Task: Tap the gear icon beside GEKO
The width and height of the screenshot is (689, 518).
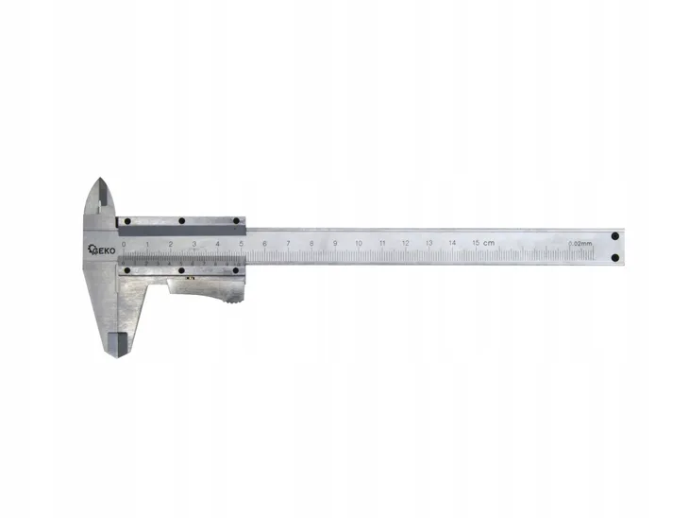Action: (92, 250)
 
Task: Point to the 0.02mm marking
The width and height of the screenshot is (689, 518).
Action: (580, 244)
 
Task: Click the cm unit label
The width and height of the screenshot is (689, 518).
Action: (489, 244)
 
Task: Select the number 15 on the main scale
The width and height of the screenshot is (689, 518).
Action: (477, 244)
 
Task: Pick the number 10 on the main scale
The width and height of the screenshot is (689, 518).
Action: (359, 244)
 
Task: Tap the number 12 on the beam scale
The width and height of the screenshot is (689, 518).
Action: (406, 244)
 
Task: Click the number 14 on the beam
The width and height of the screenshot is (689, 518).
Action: (453, 244)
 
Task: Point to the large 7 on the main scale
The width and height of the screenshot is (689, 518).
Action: (288, 244)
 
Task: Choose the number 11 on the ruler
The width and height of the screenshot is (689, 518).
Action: (382, 244)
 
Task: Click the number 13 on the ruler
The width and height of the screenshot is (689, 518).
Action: (429, 244)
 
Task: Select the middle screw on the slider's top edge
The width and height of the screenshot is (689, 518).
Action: (182, 222)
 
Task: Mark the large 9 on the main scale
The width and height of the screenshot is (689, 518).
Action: (335, 244)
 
